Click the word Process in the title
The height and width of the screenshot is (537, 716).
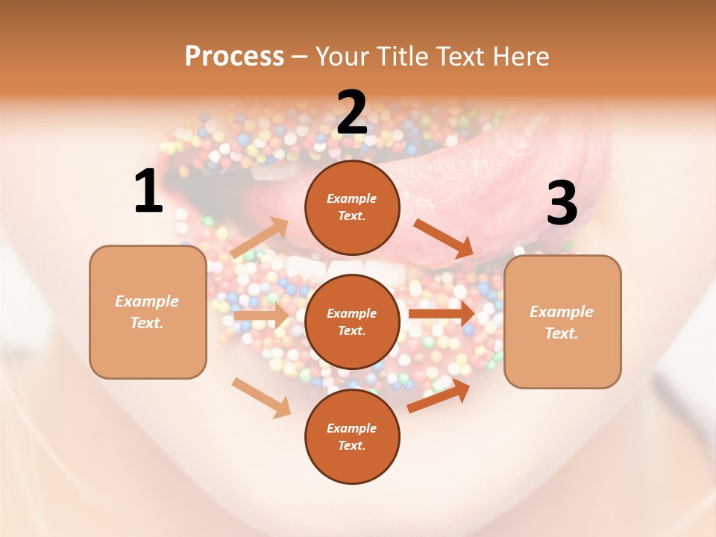tap(234, 56)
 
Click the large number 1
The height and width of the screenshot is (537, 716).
tap(148, 192)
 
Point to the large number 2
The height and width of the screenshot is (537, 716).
tap(352, 113)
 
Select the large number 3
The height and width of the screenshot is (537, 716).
tap(562, 204)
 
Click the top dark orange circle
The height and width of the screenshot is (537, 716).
tap(352, 207)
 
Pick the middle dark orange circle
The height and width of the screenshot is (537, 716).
tap(352, 321)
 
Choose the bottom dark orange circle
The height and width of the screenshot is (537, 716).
tap(352, 436)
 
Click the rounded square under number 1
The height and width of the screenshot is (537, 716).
tap(148, 312)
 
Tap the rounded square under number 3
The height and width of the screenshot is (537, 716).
tap(562, 322)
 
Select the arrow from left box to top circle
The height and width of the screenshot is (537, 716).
tap(260, 237)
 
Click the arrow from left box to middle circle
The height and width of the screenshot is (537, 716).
tap(261, 316)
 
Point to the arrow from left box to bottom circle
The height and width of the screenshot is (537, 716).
tap(262, 398)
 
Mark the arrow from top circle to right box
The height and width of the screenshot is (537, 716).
tap(445, 239)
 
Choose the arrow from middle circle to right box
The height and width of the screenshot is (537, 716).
tap(442, 313)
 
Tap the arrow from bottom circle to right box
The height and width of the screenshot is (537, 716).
tap(439, 396)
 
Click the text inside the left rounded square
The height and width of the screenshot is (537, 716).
tap(147, 312)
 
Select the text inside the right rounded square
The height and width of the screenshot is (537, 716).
tap(562, 322)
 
